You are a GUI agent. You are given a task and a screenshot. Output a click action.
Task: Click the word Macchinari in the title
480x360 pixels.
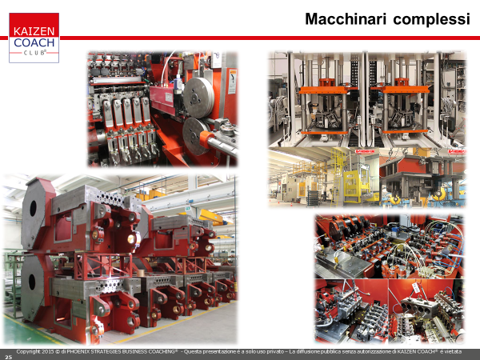click(x=346, y=19)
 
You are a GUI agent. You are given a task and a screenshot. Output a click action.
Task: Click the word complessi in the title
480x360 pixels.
click(x=432, y=20)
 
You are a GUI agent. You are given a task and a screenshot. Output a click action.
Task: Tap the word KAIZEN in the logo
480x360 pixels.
click(x=34, y=31)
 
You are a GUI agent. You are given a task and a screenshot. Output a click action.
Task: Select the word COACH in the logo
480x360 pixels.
click(x=34, y=42)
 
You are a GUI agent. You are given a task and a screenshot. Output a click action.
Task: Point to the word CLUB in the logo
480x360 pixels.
click(x=34, y=53)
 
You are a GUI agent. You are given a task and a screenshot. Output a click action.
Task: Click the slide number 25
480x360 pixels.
click(x=8, y=357)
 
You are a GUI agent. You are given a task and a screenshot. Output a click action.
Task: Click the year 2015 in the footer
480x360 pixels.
click(x=45, y=352)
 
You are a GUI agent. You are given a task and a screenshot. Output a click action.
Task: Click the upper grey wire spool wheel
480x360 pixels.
click(x=198, y=98)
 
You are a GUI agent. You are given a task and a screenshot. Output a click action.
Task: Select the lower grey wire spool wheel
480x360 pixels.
click(x=195, y=136)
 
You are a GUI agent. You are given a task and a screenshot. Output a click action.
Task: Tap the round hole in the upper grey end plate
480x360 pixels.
click(x=33, y=208)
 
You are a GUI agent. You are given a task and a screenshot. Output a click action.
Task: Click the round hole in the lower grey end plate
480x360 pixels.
click(x=31, y=282)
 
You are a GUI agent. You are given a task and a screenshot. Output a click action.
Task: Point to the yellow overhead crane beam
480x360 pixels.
click(x=210, y=216)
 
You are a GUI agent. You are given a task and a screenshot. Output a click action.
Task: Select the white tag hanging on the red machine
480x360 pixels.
click(x=416, y=287)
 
